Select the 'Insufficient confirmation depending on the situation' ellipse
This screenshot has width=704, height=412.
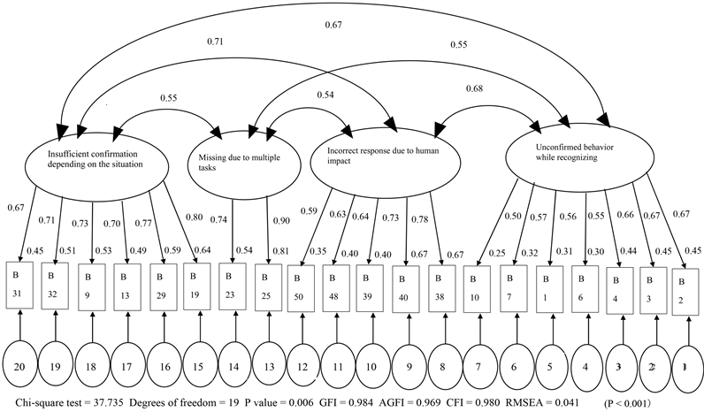96,160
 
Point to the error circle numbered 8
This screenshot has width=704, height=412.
444,364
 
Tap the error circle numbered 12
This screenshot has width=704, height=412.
303,364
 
